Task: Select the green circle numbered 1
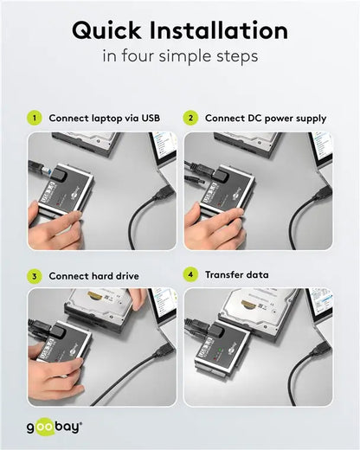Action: point(34,118)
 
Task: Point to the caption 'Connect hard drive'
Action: point(93,276)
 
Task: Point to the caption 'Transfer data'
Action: point(236,275)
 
